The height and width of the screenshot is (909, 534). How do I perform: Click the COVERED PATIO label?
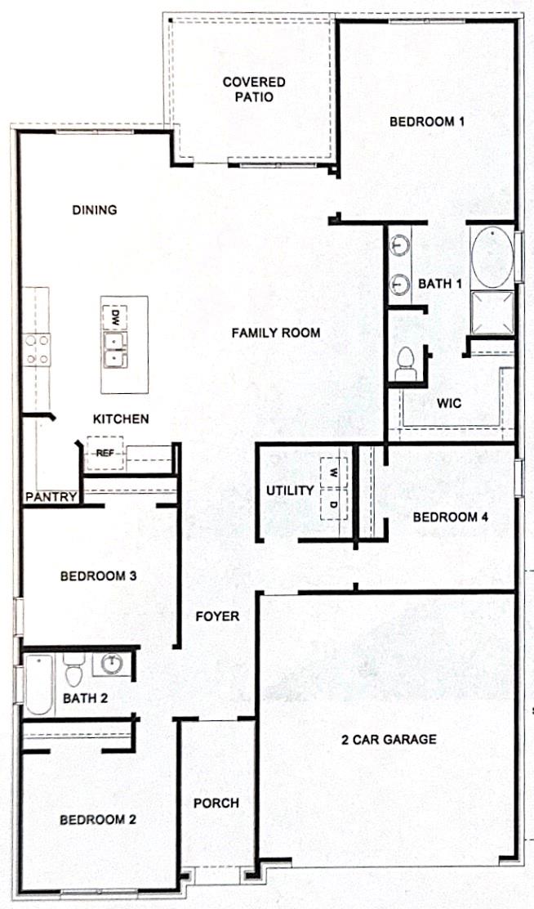pos(254,89)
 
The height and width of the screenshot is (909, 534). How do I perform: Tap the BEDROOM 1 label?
pos(426,122)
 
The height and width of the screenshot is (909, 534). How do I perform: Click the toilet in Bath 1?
pos(406,364)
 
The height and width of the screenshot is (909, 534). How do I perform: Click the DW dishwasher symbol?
pos(115,316)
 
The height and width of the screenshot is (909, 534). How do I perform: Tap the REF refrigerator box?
pos(105,452)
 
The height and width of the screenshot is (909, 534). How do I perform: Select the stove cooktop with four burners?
pos(37,349)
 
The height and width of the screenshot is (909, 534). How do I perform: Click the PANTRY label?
pos(51,496)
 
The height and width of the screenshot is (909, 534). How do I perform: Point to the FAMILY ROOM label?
pos(275,333)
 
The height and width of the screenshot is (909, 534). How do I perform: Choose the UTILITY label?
pos(290,490)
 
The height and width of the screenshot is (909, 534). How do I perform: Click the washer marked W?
pos(333,472)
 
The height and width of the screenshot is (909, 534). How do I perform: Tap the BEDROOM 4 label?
pos(444,517)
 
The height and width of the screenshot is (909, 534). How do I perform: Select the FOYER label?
pos(217,616)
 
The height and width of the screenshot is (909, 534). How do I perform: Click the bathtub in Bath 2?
pos(38,684)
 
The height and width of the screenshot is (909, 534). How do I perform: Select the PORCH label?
pos(216,803)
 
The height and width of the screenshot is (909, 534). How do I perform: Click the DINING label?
pos(95,210)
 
